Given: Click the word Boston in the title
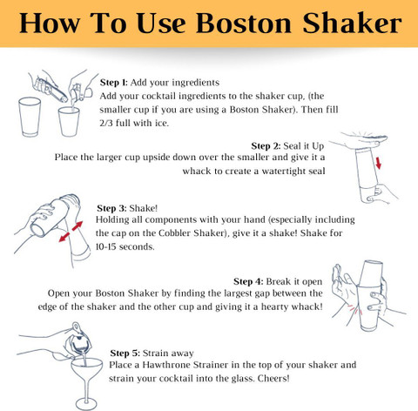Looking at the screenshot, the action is click(x=244, y=24).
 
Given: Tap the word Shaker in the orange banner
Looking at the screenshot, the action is click(x=352, y=23).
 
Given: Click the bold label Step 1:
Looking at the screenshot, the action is click(x=114, y=83).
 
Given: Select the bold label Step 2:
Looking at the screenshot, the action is click(x=266, y=145).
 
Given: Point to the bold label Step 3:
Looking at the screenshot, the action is click(x=111, y=208).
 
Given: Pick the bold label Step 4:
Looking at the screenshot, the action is click(x=248, y=281).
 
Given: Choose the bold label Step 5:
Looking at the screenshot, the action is click(x=125, y=354).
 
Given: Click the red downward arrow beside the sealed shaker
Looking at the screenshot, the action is click(x=378, y=163).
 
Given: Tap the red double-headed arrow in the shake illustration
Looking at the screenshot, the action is click(x=71, y=232).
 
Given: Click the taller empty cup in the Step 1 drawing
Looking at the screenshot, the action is click(x=30, y=117).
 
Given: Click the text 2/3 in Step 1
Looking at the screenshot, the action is click(x=106, y=123).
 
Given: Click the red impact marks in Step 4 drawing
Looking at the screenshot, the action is click(x=355, y=311).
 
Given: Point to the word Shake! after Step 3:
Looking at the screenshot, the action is click(x=144, y=208).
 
